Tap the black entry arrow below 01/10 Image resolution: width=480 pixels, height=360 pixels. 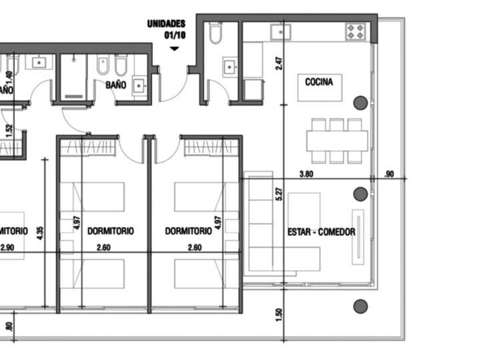pos(175,49)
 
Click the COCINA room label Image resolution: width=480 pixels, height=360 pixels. pos(319,82)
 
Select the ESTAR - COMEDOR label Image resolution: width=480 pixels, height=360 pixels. pos(321,232)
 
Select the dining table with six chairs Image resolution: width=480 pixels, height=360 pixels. pos(337,141)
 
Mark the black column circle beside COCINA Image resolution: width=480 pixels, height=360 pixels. pos(360,103)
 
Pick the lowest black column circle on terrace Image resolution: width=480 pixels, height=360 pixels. pos(360,307)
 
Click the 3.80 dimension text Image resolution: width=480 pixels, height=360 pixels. pos(306,175)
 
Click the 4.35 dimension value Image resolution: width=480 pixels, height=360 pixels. pos(40,233)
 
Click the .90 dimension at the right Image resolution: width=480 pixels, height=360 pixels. pos(390,175)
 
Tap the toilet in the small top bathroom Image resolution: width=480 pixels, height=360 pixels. pos(215,34)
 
